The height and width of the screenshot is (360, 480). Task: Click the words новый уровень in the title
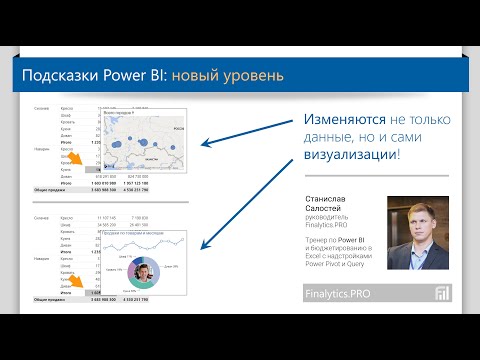(x=227, y=76)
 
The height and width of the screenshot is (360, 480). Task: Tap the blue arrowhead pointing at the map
(x=204, y=144)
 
